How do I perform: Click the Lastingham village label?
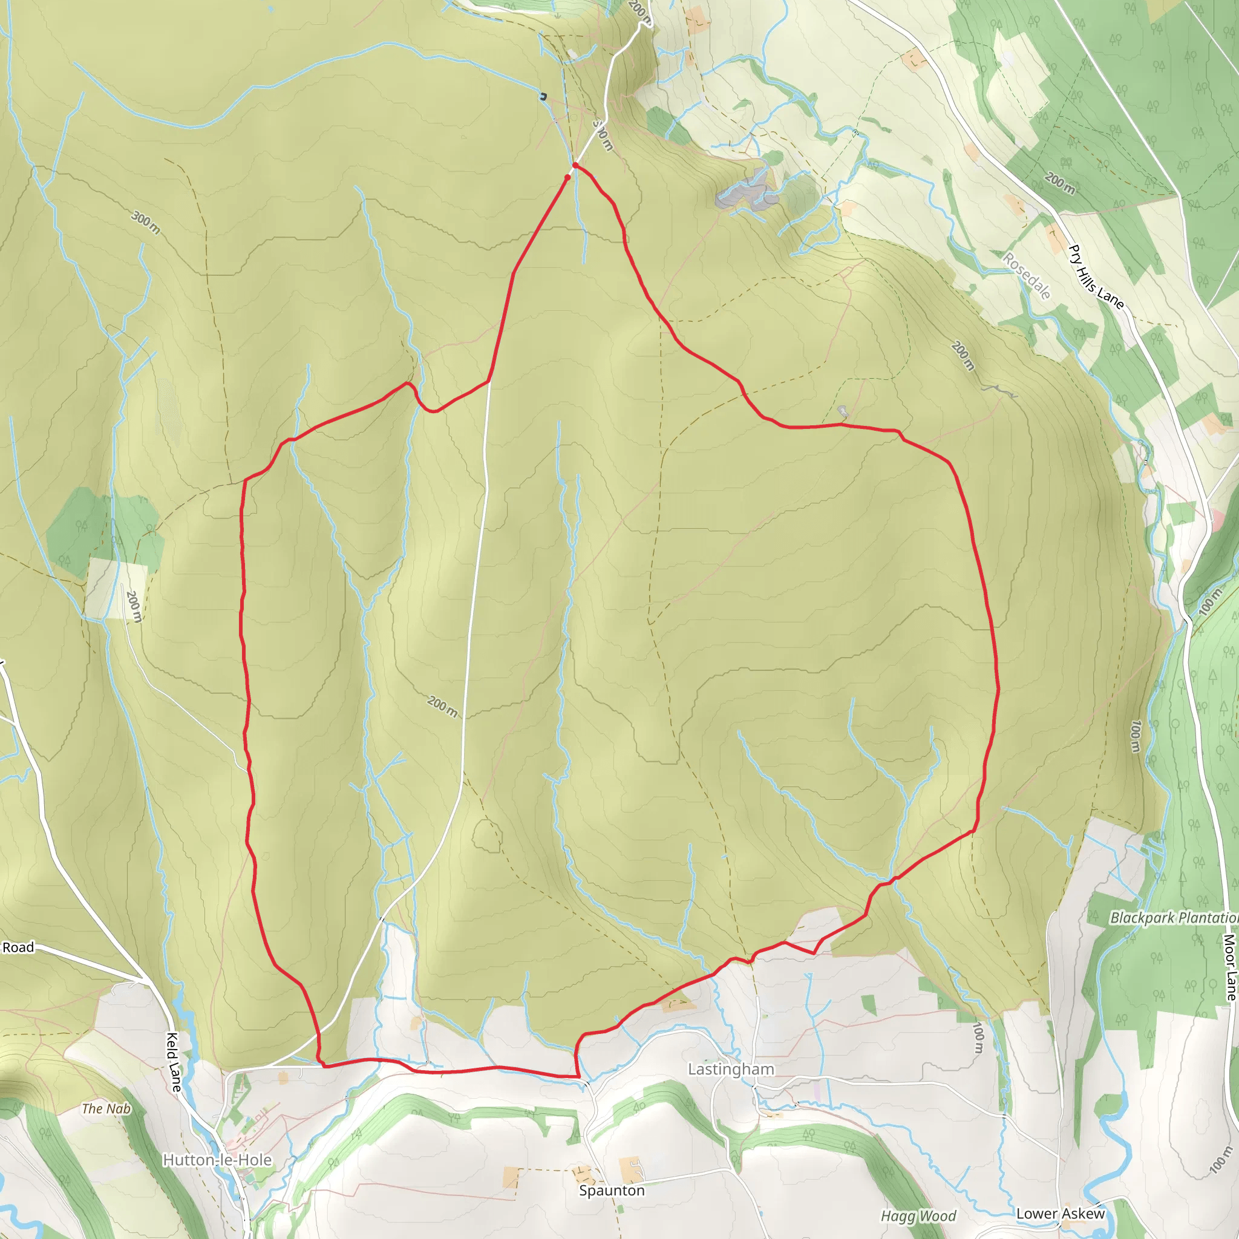[x=730, y=1069]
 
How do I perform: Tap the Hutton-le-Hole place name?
[x=217, y=1160]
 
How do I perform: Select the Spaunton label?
[x=611, y=1190]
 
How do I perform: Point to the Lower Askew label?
[x=1060, y=1214]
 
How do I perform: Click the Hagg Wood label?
[x=918, y=1216]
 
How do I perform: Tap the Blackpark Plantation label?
[x=1174, y=918]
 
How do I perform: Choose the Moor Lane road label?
[x=1229, y=967]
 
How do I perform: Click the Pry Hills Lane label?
[x=1096, y=277]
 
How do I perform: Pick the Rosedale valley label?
[x=1027, y=276]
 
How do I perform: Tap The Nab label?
[x=106, y=1108]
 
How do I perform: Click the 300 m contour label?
[x=146, y=222]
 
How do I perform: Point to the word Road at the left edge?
[x=18, y=947]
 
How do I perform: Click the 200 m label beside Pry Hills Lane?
[x=1059, y=183]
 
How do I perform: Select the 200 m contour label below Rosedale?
[x=963, y=356]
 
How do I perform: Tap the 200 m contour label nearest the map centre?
[x=442, y=707]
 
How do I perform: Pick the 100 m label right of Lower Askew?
[x=1218, y=1160]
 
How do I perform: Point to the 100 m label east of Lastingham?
[x=978, y=1038]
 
